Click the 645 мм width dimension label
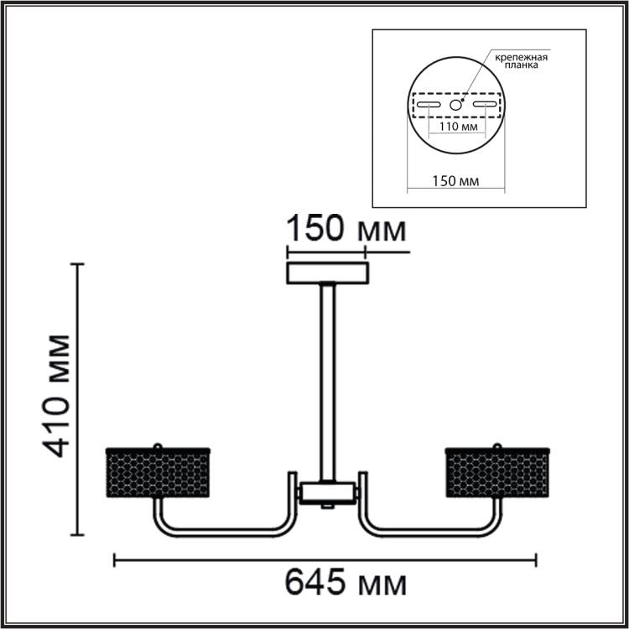(346, 582)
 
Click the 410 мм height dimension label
(56, 396)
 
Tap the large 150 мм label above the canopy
(346, 228)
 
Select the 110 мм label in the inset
(458, 127)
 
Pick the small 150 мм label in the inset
(455, 181)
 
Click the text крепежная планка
(521, 61)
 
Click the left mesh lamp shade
(158, 472)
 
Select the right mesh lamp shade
(497, 472)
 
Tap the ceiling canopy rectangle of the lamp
(327, 273)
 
